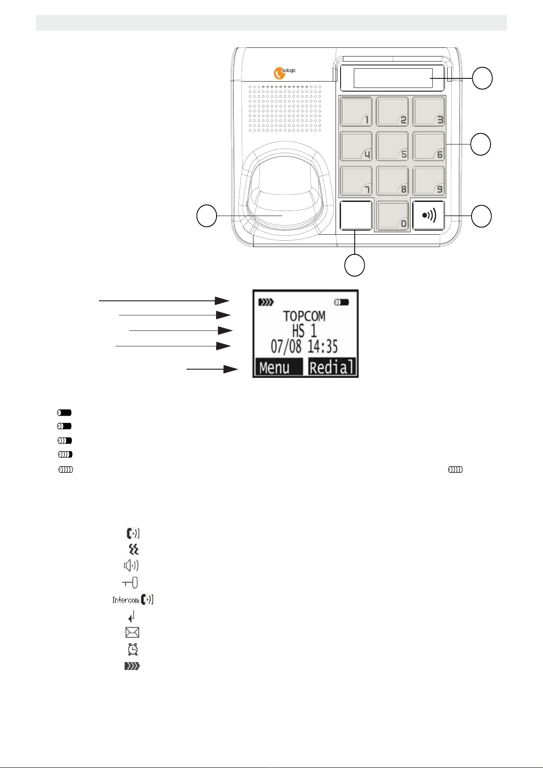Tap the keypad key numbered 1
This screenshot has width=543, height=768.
click(x=356, y=112)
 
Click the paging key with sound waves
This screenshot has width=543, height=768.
click(x=429, y=215)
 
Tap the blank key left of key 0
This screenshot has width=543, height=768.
click(x=356, y=216)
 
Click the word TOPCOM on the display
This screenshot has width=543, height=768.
click(x=305, y=316)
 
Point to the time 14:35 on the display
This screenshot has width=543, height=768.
click(x=322, y=346)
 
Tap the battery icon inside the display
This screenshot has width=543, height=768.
click(x=341, y=302)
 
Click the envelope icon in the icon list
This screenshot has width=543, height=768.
click(x=132, y=632)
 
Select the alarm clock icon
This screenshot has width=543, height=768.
click(x=132, y=649)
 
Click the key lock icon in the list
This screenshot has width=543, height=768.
click(x=130, y=582)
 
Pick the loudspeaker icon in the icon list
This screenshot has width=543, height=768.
click(x=132, y=566)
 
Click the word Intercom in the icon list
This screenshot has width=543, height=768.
click(x=126, y=600)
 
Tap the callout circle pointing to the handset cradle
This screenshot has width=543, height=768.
click(x=207, y=216)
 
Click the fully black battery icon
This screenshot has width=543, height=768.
click(x=64, y=412)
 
